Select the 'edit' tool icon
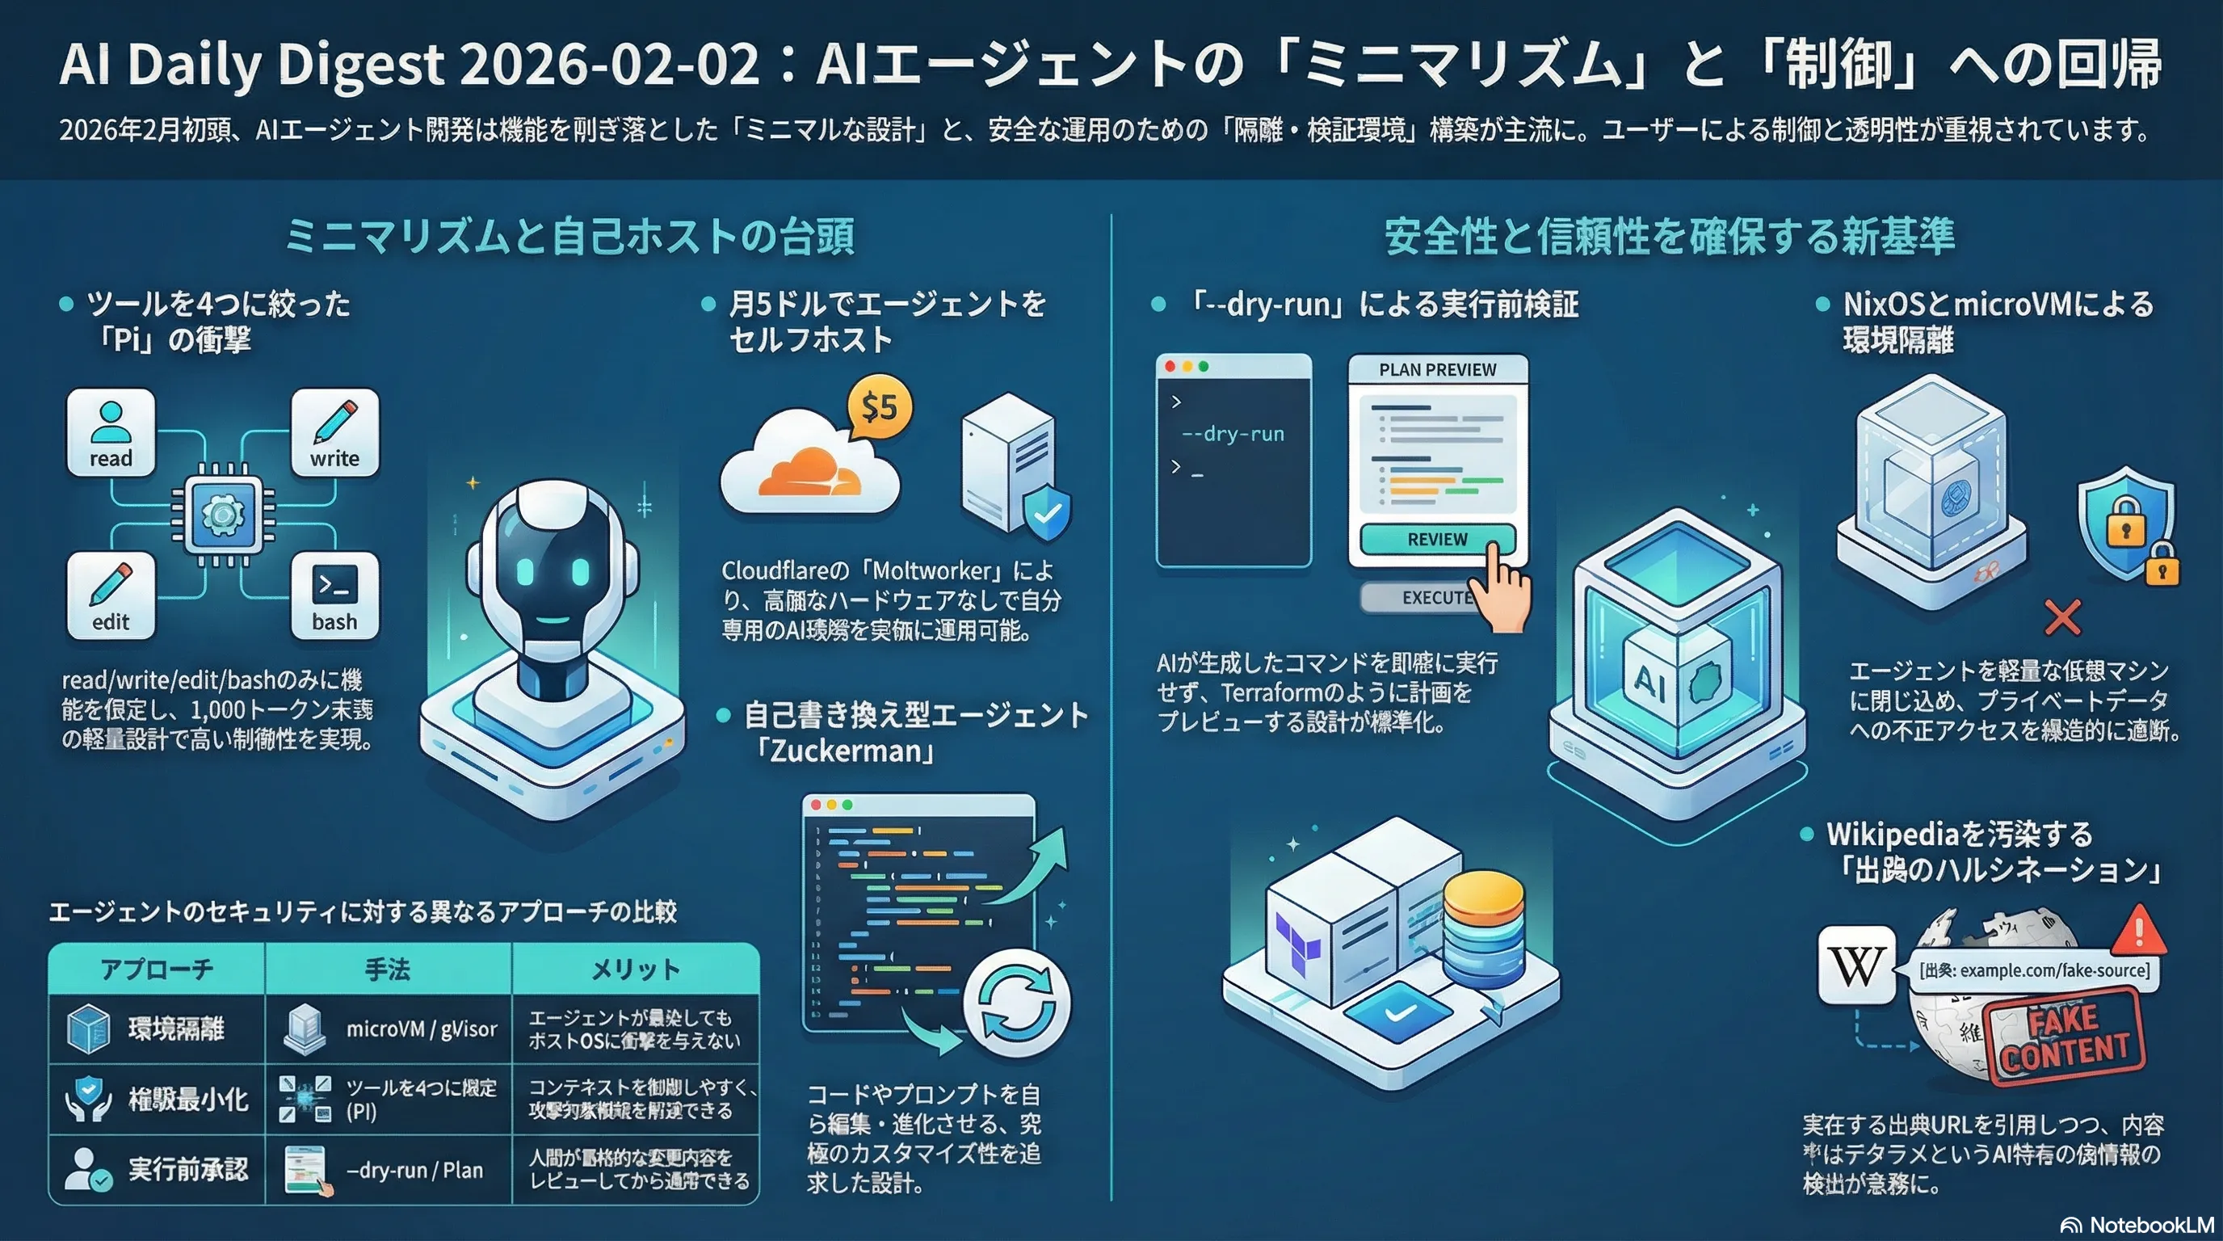111,595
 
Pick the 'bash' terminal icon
335,595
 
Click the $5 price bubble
880,406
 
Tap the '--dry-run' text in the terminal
1233,434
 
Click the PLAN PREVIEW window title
1438,370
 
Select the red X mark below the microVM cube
2061,616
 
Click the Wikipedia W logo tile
1856,965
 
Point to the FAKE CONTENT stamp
2065,1037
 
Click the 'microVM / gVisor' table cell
421,1029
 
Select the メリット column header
635,970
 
